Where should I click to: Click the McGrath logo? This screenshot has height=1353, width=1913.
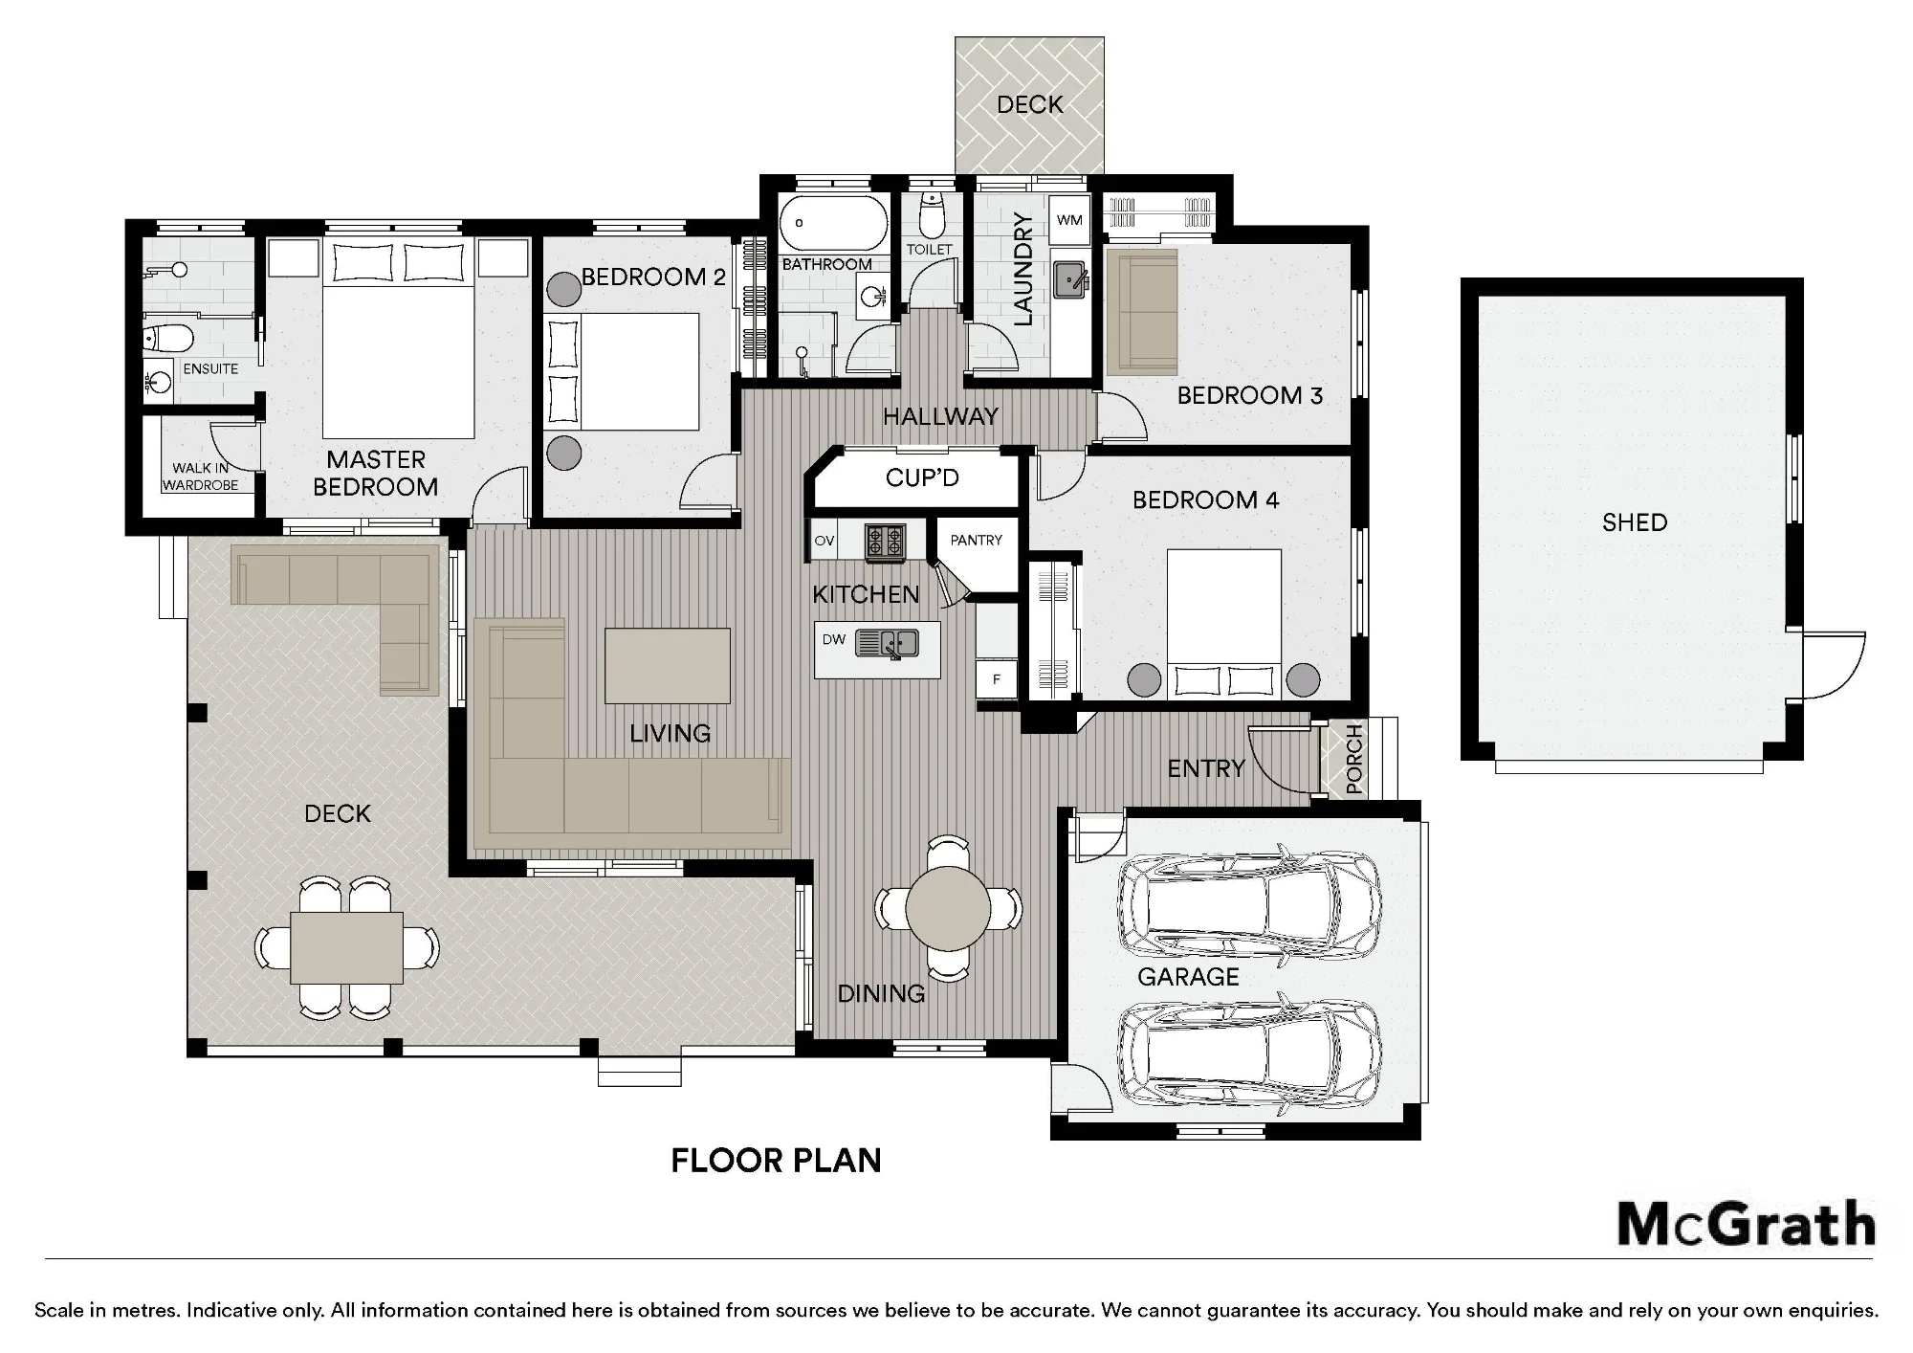pos(1746,1224)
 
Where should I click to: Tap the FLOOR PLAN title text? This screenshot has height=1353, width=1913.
pos(776,1161)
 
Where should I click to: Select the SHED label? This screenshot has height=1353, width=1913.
pos(1635,522)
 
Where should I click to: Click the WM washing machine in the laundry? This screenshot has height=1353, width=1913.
pos(1069,220)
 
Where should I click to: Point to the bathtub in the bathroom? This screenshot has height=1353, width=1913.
pos(833,224)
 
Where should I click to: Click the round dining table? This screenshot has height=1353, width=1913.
pos(948,907)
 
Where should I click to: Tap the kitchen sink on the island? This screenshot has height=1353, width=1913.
pos(887,643)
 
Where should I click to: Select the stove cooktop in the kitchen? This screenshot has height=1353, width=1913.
pos(886,542)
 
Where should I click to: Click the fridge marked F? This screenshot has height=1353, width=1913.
pos(996,679)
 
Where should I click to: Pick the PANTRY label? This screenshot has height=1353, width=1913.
pos(976,541)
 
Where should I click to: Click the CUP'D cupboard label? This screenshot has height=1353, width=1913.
pos(922,478)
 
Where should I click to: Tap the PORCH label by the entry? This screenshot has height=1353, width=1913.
pos(1353,760)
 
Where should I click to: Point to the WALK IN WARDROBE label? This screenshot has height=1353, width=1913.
pos(200,477)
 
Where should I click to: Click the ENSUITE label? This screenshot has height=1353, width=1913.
pos(210,368)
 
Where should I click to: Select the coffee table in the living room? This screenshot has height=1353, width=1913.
pos(668,666)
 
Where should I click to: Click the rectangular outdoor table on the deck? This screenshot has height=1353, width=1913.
pos(347,947)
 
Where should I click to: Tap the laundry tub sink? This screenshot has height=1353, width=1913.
pos(1071,279)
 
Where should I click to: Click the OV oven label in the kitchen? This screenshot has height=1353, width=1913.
pos(825,541)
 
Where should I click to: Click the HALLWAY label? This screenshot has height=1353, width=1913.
pos(940,416)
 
